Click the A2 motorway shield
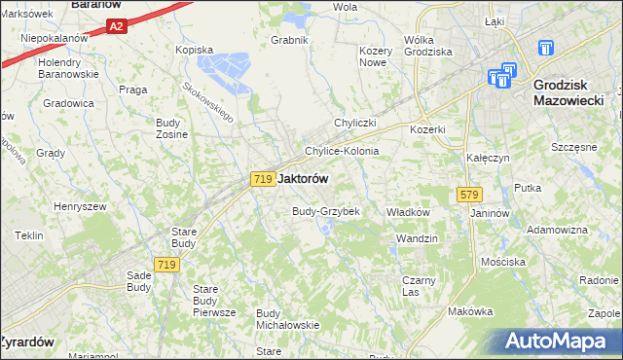pyautogui.click(x=116, y=27)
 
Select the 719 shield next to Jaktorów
pyautogui.click(x=261, y=179)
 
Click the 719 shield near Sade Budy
pyautogui.click(x=165, y=265)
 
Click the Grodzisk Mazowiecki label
pyautogui.click(x=568, y=91)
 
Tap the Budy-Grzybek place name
pyautogui.click(x=326, y=211)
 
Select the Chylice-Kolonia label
pyautogui.click(x=342, y=152)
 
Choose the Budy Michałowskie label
pyautogui.click(x=287, y=318)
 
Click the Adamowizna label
pyautogui.click(x=557, y=230)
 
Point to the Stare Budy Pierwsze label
pyautogui.click(x=215, y=301)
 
